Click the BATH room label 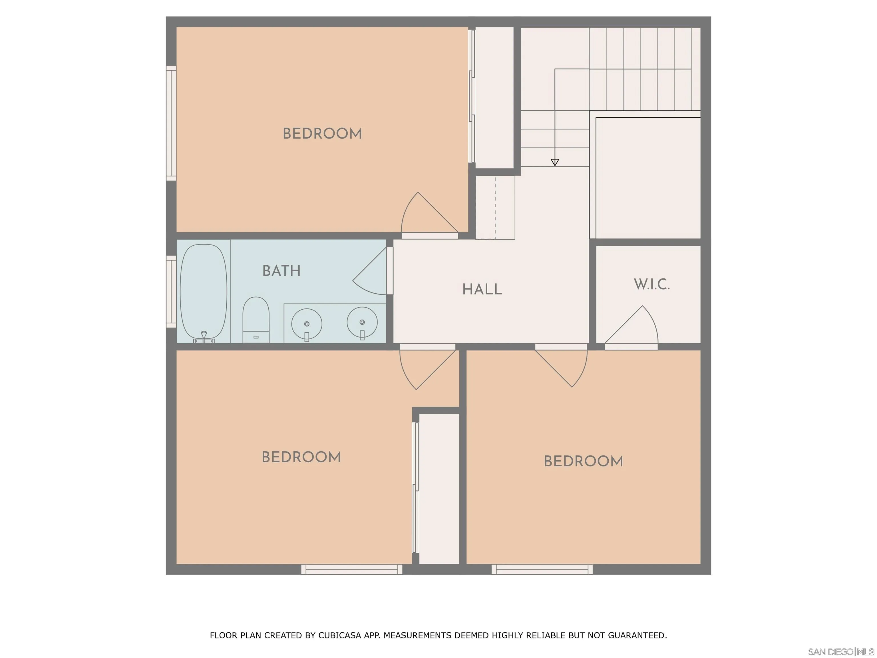click(281, 271)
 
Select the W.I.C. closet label click(652, 284)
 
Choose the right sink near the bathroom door click(362, 322)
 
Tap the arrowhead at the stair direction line click(555, 162)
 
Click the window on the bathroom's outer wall click(171, 292)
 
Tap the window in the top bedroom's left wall click(171, 123)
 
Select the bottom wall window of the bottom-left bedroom click(352, 569)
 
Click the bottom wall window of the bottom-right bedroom click(542, 569)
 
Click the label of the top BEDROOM click(322, 134)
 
